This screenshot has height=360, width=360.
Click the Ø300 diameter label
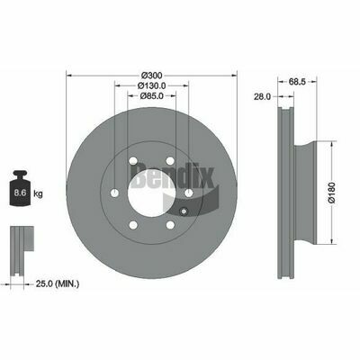pyautogui.click(x=151, y=75)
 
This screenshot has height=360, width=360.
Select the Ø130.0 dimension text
pyautogui.click(x=151, y=85)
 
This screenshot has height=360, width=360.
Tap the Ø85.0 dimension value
pyautogui.click(x=151, y=95)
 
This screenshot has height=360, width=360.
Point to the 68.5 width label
pyautogui.click(x=297, y=81)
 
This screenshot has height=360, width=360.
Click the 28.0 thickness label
pyautogui.click(x=263, y=96)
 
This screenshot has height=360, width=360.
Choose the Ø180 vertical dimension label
pyautogui.click(x=332, y=193)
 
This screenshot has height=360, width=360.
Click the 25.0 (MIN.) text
pyautogui.click(x=58, y=283)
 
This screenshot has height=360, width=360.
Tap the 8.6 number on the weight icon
pyautogui.click(x=20, y=193)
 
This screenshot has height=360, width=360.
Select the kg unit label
pyautogui.click(x=38, y=193)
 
